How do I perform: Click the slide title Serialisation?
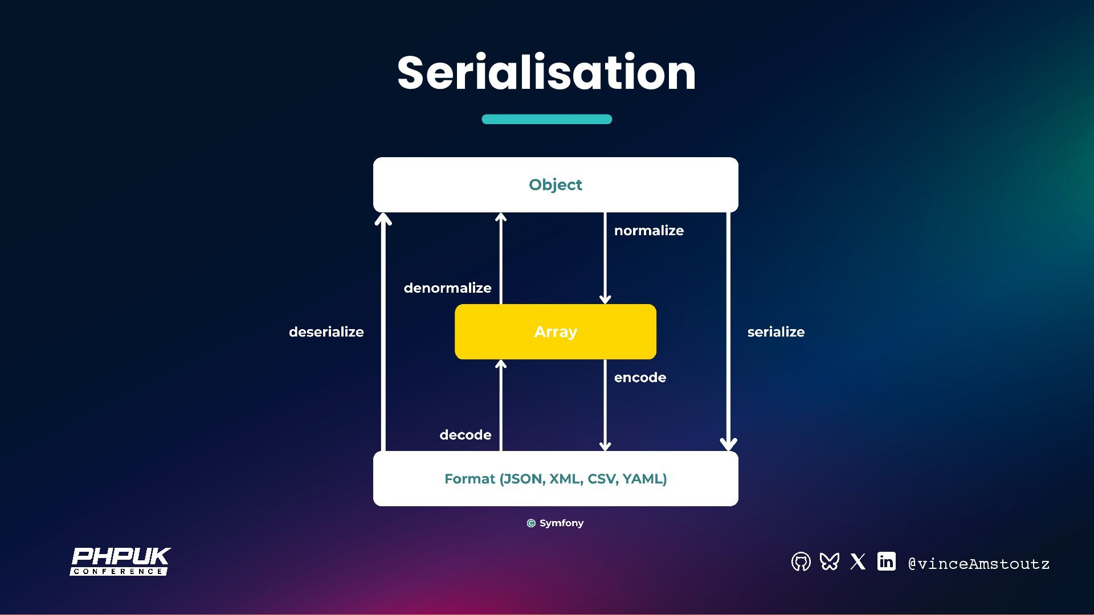click(x=546, y=73)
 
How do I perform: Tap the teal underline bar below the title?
click(x=546, y=119)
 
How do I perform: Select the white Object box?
click(x=556, y=184)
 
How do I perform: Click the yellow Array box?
click(x=556, y=331)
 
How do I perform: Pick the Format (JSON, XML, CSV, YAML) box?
click(x=556, y=478)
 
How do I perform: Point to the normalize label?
click(x=648, y=231)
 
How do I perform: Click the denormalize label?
click(x=447, y=288)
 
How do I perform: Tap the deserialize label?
click(x=326, y=332)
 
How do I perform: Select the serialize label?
click(x=775, y=332)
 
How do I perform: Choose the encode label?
click(x=640, y=378)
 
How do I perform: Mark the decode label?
click(x=465, y=435)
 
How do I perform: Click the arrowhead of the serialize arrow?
click(x=728, y=444)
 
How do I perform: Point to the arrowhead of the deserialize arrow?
click(x=383, y=219)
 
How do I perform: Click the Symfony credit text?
click(x=556, y=523)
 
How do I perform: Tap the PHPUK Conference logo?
click(x=120, y=561)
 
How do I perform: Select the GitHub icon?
click(x=801, y=562)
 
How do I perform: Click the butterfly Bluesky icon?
click(x=829, y=562)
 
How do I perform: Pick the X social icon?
click(x=858, y=562)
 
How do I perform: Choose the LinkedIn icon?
click(x=886, y=561)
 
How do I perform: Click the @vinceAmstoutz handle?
click(x=978, y=564)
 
